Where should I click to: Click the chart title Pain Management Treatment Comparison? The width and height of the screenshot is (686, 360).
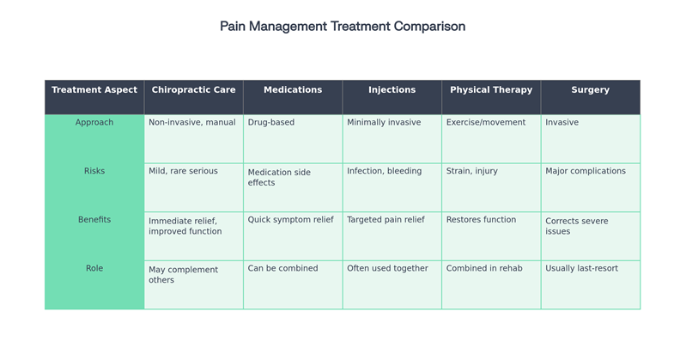coord(343,27)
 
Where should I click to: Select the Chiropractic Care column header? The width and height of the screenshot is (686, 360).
coord(193,90)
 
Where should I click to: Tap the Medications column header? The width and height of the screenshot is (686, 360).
coord(293,90)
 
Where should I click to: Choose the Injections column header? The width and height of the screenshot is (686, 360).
coord(392,90)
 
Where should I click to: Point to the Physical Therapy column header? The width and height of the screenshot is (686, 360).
coord(491,90)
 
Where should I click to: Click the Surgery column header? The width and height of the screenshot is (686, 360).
coord(590,90)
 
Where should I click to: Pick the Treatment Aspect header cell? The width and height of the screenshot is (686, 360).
coord(94,90)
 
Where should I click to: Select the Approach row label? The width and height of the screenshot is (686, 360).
coord(94,123)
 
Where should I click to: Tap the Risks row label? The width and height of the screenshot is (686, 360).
coord(94,171)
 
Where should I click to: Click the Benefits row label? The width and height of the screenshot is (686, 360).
coord(94,220)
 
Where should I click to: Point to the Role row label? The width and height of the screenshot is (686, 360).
coord(94,269)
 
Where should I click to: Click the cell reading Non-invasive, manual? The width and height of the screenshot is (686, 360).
coord(192,123)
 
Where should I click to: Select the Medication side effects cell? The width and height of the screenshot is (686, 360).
coord(279,177)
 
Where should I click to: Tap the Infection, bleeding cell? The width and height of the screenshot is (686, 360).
coord(384,171)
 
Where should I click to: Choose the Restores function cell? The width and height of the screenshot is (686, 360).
coord(481,220)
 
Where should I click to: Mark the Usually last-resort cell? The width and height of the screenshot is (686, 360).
coord(581,269)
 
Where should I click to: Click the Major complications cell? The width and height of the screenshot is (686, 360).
coord(586,171)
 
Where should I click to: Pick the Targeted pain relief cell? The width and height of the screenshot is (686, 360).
coord(385,220)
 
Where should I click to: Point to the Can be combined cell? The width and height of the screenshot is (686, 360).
coord(282,269)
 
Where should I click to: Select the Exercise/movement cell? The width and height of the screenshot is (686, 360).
coord(486,123)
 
